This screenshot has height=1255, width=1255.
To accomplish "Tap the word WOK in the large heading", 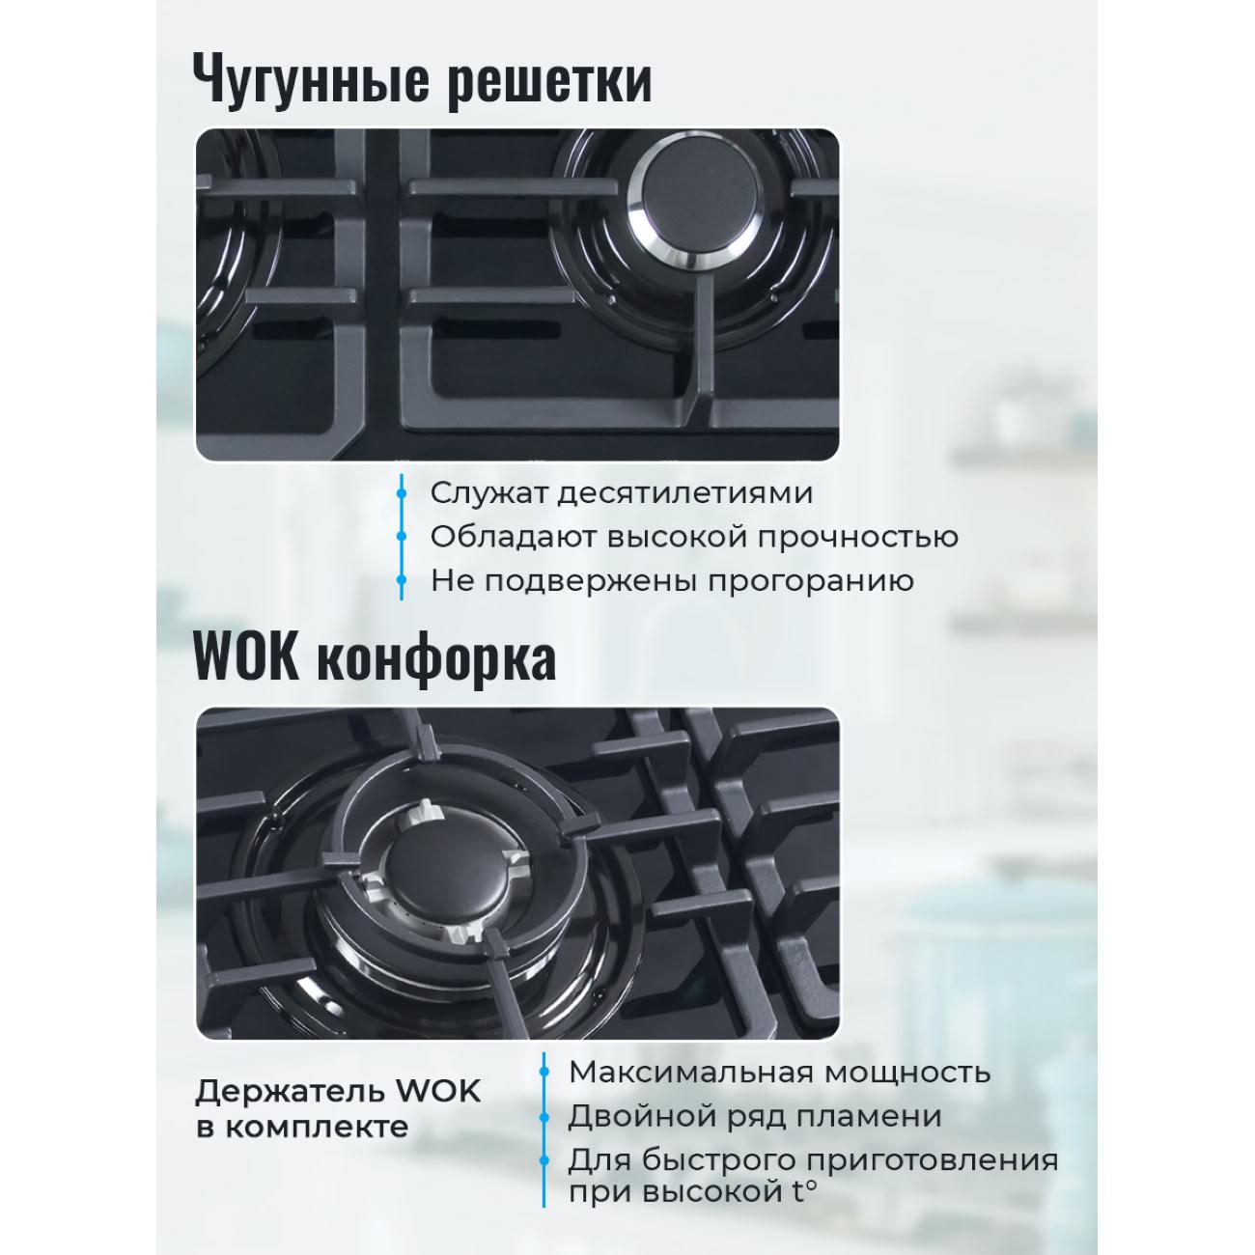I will [x=246, y=659].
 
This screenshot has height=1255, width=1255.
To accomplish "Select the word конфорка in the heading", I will [x=436, y=659].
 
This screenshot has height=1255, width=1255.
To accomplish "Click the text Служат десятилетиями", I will [x=622, y=492].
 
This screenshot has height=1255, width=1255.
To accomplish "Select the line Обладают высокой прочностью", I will [x=694, y=537].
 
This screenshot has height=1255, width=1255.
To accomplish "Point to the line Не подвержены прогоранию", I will [x=672, y=581].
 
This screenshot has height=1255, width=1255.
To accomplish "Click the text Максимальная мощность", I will [x=779, y=1072].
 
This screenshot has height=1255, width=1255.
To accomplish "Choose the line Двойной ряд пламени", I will [x=754, y=1116].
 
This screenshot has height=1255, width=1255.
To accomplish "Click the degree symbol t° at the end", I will [x=804, y=1191].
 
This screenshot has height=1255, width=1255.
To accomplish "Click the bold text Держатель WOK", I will [x=338, y=1092].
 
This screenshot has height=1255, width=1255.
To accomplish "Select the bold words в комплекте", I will [x=302, y=1127].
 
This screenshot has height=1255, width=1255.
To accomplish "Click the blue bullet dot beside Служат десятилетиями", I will [x=402, y=492].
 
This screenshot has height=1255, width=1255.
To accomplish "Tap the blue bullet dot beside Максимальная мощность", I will [x=544, y=1072].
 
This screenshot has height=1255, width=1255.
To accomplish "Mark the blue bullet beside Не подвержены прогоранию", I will [x=402, y=581].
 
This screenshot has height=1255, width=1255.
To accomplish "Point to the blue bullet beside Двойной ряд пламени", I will [x=544, y=1116].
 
